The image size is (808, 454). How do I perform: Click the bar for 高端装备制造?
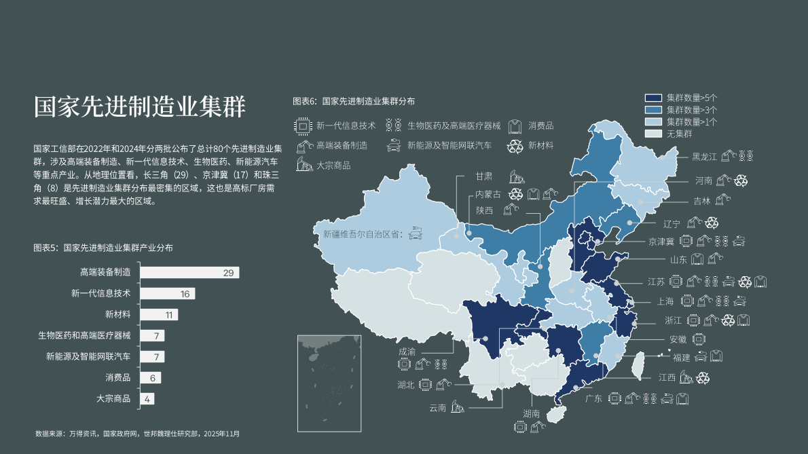[189, 273]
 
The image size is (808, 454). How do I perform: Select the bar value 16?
[185, 294]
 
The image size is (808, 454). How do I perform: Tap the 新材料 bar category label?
[117, 315]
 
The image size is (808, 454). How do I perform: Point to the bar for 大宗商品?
[147, 399]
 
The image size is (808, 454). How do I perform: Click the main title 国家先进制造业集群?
[140, 107]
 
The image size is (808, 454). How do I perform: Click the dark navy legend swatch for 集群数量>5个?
[653, 98]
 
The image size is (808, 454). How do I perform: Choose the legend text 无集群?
[679, 134]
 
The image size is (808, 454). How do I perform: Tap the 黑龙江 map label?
[704, 157]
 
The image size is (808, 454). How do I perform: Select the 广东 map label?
[593, 398]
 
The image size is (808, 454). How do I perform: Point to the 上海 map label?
[665, 301]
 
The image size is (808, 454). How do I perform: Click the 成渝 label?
[407, 352]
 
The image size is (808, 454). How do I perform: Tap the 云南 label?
[437, 408]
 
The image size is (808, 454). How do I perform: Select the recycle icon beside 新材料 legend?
[516, 145]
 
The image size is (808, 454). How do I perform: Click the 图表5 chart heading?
[103, 248]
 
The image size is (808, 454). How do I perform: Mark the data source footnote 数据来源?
[137, 433]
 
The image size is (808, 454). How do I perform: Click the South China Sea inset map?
[328, 383]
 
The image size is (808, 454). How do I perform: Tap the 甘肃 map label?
[483, 176]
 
